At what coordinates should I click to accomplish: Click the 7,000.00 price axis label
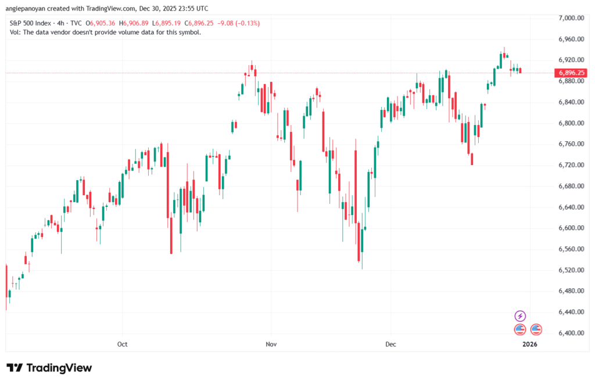(x=570, y=18)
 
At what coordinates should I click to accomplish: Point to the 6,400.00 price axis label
(x=570, y=333)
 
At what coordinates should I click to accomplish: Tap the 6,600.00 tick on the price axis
(x=570, y=228)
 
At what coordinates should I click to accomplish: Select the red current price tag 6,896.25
(x=569, y=73)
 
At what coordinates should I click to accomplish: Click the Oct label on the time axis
(x=122, y=344)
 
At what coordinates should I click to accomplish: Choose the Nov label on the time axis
(x=270, y=344)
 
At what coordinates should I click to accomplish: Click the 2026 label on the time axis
(x=530, y=344)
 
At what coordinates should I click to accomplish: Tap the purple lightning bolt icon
(x=520, y=316)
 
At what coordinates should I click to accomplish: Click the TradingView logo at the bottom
(x=49, y=368)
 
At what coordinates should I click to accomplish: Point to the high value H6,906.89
(x=134, y=23)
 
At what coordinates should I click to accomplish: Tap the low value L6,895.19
(x=166, y=23)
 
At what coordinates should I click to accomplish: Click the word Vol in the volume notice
(x=16, y=33)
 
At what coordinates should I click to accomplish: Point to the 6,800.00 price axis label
(x=570, y=123)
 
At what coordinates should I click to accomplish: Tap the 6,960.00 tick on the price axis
(x=570, y=39)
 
